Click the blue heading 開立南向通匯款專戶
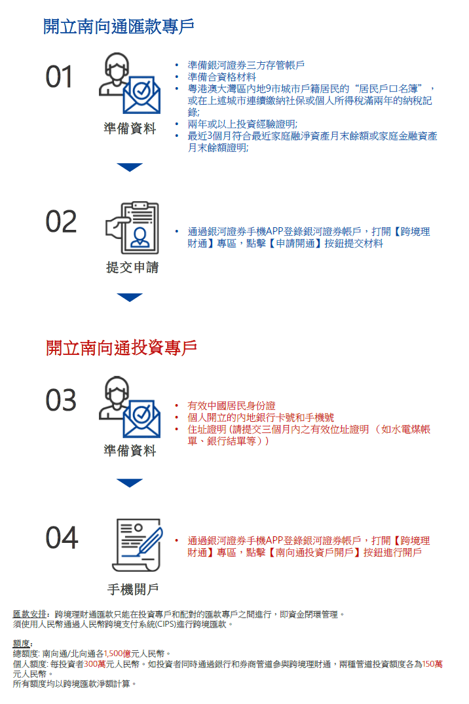[x=119, y=27]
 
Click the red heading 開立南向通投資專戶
[x=121, y=348]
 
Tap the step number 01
[x=60, y=78]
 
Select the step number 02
[x=61, y=222]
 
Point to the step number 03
[x=61, y=400]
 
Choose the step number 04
[x=62, y=538]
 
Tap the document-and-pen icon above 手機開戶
[x=137, y=544]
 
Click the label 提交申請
[x=132, y=268]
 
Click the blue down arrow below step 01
[x=130, y=167]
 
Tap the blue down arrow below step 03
[x=130, y=483]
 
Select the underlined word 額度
[x=22, y=644]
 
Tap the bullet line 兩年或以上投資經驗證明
[x=242, y=124]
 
